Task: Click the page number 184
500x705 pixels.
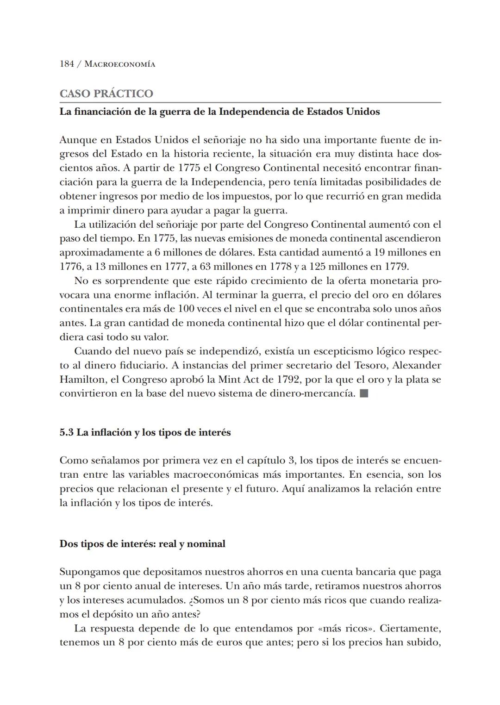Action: pos(67,64)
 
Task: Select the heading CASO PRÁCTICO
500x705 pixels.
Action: pos(106,94)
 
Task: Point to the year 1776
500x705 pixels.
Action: pos(69,267)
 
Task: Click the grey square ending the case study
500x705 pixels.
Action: pos(364,394)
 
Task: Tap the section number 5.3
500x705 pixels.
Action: pos(67,432)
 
